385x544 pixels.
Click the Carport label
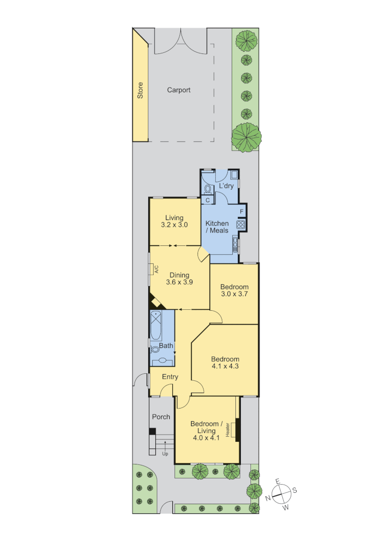(x=179, y=90)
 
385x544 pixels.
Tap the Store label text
(x=140, y=90)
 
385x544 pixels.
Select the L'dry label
(x=225, y=186)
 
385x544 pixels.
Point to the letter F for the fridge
(x=242, y=211)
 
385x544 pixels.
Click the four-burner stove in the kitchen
(x=241, y=225)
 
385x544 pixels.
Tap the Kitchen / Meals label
(x=217, y=227)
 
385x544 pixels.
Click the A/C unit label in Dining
(x=156, y=269)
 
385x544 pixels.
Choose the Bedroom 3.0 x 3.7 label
(x=234, y=291)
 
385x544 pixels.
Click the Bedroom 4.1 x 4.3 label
(x=225, y=363)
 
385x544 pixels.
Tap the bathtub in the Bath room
(x=157, y=325)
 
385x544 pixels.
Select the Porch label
(x=161, y=417)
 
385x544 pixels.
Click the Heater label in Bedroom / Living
(x=228, y=430)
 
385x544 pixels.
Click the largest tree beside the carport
(x=246, y=137)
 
